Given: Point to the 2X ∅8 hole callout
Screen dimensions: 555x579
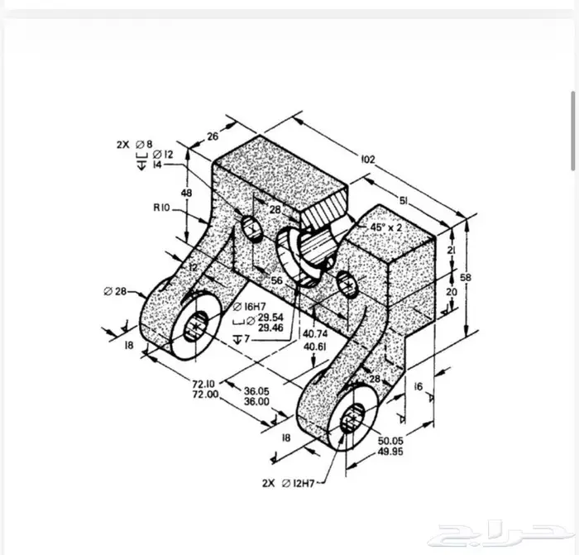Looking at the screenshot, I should pyautogui.click(x=134, y=143).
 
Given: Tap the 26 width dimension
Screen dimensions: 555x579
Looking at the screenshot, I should pyautogui.click(x=212, y=137).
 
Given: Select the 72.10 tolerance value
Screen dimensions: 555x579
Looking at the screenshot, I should pyautogui.click(x=205, y=384).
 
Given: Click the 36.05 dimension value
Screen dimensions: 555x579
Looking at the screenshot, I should pyautogui.click(x=257, y=391).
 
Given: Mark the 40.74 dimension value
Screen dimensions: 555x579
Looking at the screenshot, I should pyautogui.click(x=314, y=335).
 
